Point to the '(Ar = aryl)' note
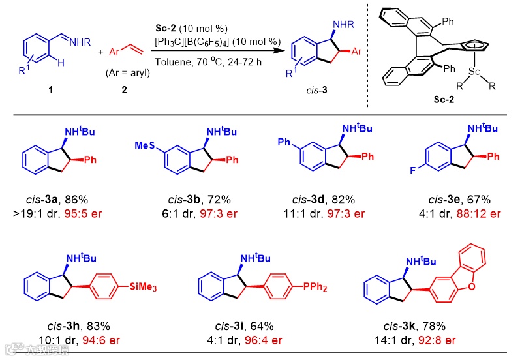coord(128,73)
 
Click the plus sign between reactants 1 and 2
coord(100,52)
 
